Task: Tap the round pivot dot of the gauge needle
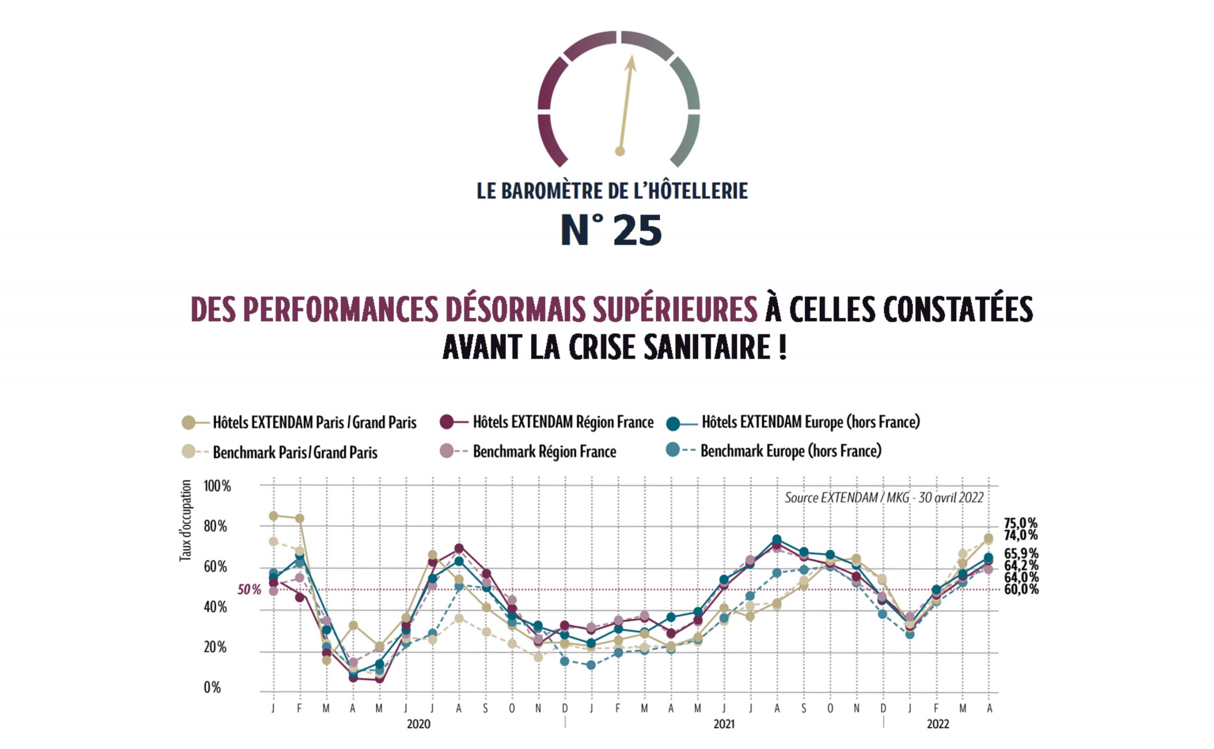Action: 620,151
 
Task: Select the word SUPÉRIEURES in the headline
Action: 675,310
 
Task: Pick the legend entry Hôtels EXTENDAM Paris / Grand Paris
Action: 314,422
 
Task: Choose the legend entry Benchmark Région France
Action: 544,452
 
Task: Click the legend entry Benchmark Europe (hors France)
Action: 791,451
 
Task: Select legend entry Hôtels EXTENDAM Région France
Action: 563,422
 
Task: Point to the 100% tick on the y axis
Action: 217,486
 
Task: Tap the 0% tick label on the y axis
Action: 212,687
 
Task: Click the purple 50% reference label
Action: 249,590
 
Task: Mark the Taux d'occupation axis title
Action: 185,521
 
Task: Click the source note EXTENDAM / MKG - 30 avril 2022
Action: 883,498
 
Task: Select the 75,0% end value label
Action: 1020,523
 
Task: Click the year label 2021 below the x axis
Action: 724,724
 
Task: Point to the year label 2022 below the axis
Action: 938,724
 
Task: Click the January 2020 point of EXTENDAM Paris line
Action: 274,516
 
